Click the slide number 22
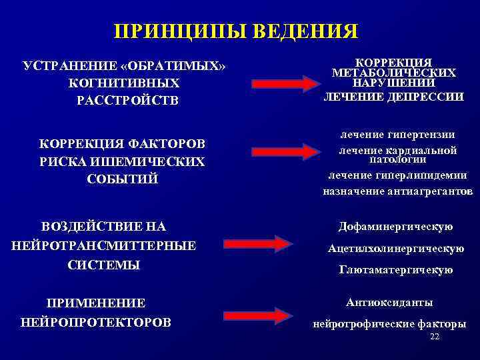(x=435, y=337)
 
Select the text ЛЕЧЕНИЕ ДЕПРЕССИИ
(x=393, y=97)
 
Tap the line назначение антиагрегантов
(x=397, y=191)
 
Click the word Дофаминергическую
(x=396, y=227)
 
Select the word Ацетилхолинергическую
(x=396, y=249)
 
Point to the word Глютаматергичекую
(x=396, y=270)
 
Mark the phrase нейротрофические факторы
(x=389, y=325)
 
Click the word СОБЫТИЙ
(x=123, y=179)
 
